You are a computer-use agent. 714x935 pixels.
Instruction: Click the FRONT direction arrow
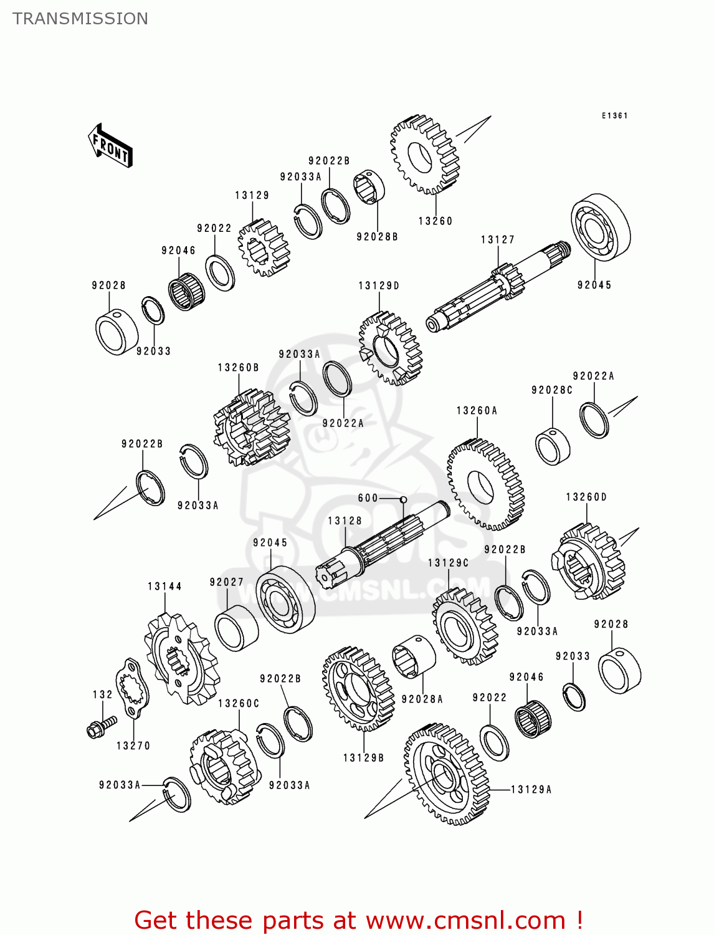[x=111, y=146]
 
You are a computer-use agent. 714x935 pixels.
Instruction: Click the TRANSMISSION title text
[x=80, y=19]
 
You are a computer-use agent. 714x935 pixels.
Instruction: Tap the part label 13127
[x=497, y=240]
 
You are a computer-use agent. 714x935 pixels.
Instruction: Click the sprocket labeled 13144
[x=181, y=658]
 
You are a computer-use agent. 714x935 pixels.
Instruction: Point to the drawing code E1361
[x=614, y=116]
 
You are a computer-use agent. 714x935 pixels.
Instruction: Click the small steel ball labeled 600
[x=403, y=499]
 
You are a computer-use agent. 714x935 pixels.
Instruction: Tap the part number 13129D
[x=379, y=286]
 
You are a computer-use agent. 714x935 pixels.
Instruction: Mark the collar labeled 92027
[x=236, y=628]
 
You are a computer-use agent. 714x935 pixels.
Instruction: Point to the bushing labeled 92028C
[x=553, y=446]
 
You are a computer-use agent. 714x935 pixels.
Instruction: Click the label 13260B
[x=238, y=368]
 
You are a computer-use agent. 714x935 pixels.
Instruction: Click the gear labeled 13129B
[x=358, y=688]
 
